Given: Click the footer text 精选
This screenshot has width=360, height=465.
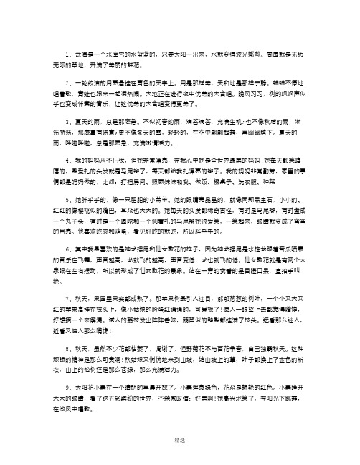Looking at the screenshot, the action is tap(179, 454).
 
